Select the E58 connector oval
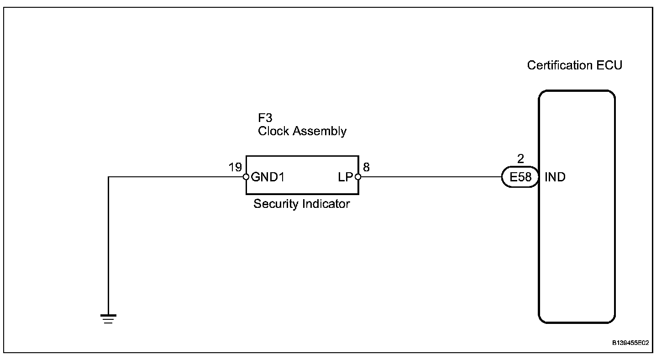click(x=520, y=177)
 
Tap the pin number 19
click(x=235, y=168)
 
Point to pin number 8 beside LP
click(x=366, y=168)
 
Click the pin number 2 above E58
click(x=520, y=159)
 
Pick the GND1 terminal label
click(x=268, y=177)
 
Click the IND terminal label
click(x=555, y=177)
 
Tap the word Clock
click(x=273, y=131)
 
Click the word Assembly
click(x=319, y=131)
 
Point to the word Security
click(x=275, y=204)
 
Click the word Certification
click(x=560, y=65)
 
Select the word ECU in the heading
click(x=609, y=65)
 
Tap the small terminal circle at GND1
click(x=247, y=177)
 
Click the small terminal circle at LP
click(x=357, y=177)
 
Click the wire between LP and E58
click(x=429, y=177)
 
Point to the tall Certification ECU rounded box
click(x=577, y=251)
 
